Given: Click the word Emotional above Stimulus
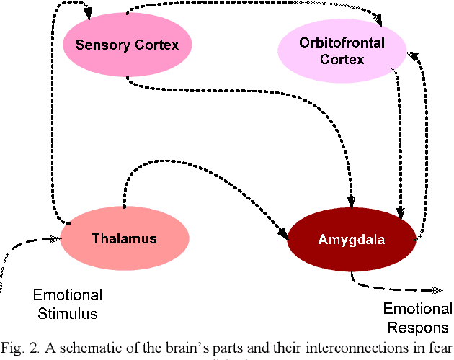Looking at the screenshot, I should click(x=68, y=295).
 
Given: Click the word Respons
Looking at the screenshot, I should click(x=417, y=328).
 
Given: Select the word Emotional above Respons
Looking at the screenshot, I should click(x=418, y=310).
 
